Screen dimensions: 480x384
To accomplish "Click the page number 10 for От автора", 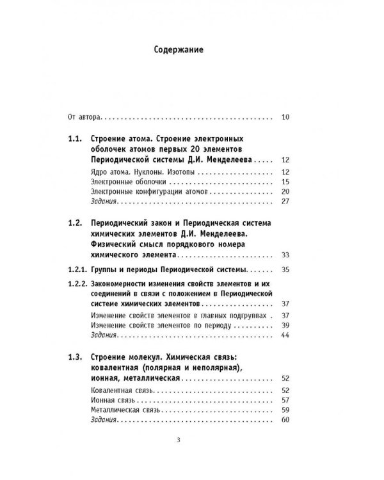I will tap(285, 117).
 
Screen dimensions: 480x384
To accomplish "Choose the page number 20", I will tap(285, 192).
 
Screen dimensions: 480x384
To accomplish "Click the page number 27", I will tap(285, 202).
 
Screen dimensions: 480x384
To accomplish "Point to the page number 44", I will tap(285, 335).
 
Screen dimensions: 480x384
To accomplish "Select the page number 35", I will tap(285, 269).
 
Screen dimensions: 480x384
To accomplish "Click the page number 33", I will tap(285, 254).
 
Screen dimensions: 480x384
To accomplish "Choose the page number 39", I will tap(285, 325).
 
